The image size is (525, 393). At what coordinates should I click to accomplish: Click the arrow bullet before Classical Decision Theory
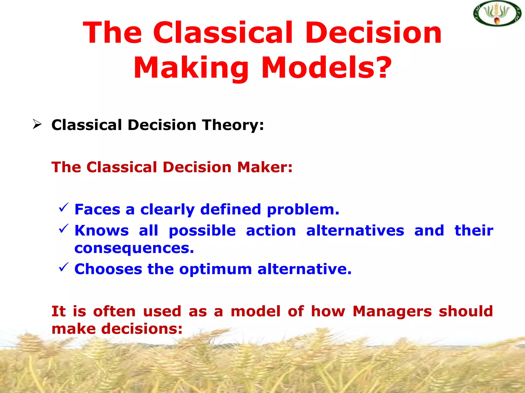click(37, 125)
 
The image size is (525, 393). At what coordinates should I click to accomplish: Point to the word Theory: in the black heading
click(233, 125)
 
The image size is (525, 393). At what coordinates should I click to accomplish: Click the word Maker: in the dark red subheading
click(265, 167)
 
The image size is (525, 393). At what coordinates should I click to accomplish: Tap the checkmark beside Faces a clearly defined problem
click(64, 207)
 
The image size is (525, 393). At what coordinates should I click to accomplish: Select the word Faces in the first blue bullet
click(97, 210)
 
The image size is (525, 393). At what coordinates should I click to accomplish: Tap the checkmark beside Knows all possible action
click(64, 228)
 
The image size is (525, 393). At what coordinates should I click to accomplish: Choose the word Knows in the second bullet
click(102, 231)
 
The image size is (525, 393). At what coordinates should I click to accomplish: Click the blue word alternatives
click(355, 231)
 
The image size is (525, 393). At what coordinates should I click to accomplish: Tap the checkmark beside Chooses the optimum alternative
click(64, 267)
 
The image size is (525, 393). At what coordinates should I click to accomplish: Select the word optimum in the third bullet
click(215, 270)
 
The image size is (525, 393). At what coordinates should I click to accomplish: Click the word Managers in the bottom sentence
click(392, 312)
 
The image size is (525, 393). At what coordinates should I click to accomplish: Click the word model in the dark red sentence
click(256, 311)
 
